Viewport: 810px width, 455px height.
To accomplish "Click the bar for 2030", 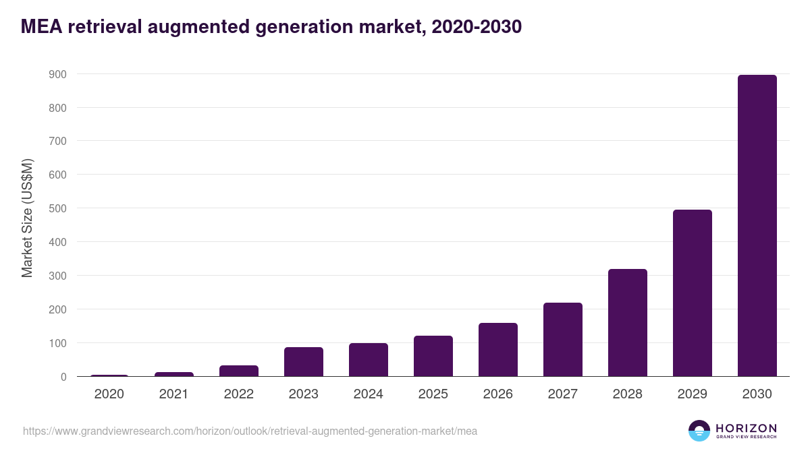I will click(757, 226).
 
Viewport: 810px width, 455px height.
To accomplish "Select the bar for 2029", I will click(692, 293).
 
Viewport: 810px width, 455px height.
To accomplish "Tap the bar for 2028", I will click(627, 323).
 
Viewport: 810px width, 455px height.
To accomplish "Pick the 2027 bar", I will click(562, 340).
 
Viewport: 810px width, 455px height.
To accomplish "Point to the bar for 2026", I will click(497, 350).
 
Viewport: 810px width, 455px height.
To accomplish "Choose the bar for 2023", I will click(303, 362).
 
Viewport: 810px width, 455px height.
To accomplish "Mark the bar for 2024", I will click(368, 360).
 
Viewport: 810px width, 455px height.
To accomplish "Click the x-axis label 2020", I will click(109, 394).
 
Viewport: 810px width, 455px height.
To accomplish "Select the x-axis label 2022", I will click(238, 394).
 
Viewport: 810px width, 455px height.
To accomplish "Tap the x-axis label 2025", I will click(433, 394).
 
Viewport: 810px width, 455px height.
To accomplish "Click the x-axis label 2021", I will click(173, 394).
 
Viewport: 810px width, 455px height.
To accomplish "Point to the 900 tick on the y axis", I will click(57, 74).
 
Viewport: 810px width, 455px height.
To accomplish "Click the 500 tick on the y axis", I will click(57, 208).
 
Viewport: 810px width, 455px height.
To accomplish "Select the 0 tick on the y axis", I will click(63, 377).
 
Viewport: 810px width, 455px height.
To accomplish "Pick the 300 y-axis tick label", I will click(57, 276).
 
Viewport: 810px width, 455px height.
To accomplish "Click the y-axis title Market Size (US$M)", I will click(27, 218).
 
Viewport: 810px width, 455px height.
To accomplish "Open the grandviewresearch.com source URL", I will click(250, 431).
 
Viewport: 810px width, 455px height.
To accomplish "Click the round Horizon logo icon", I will click(699, 431).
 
